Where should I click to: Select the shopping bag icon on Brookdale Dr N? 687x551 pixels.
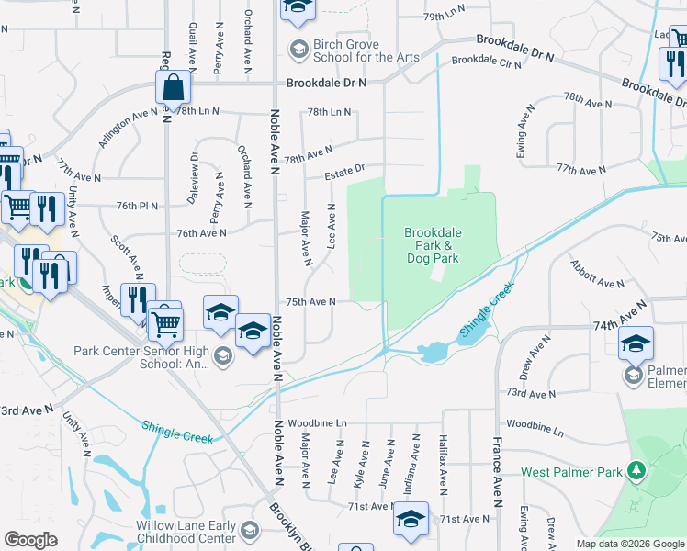[x=173, y=89]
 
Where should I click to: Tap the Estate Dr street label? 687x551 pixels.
[x=344, y=170]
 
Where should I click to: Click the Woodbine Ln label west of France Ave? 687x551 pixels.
[x=318, y=422]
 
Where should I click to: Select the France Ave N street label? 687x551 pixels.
[x=501, y=459]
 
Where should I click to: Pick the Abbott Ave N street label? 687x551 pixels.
[x=597, y=275]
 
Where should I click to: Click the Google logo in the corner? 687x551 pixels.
[x=30, y=539]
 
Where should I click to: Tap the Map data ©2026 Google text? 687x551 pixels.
[x=630, y=544]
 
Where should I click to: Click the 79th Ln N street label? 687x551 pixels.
[x=445, y=17]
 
